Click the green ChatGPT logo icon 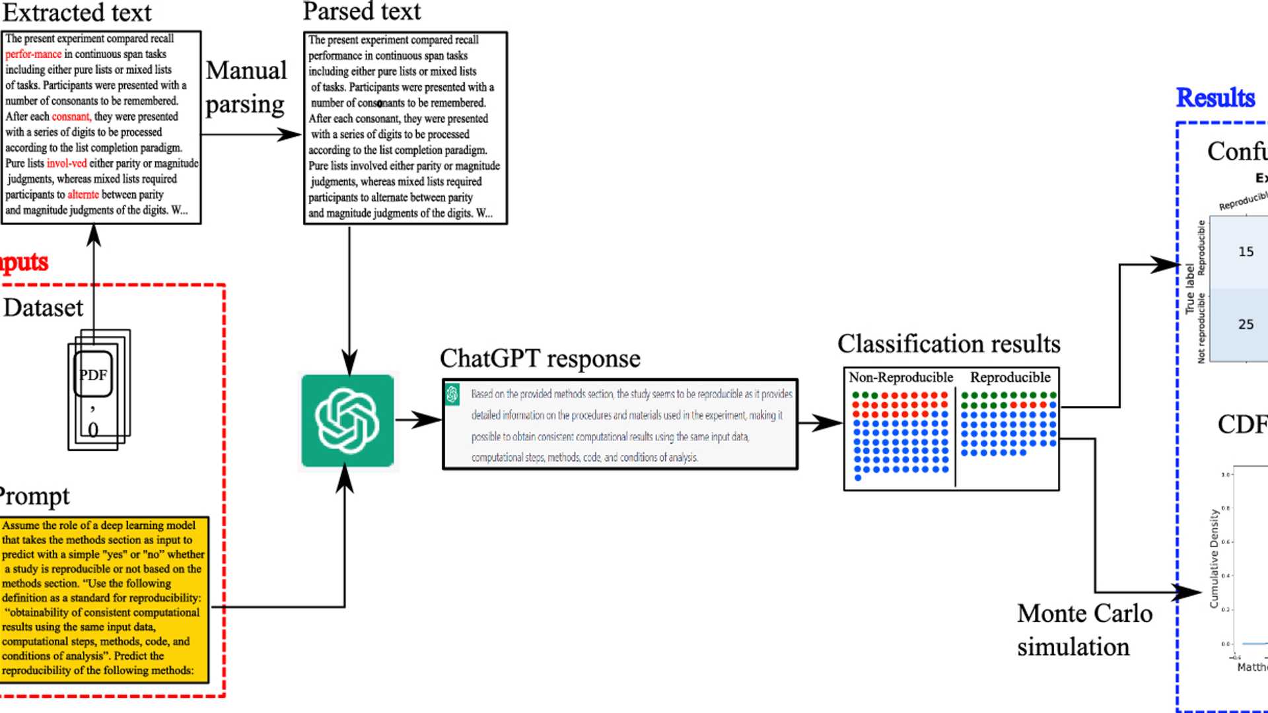point(347,421)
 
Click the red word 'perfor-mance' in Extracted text point(34,54)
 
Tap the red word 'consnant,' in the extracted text point(71,117)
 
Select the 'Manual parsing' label point(246,87)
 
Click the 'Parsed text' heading point(361,11)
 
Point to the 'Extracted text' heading point(77,13)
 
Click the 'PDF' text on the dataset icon point(93,375)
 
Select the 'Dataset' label point(44,308)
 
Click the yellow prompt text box point(104,599)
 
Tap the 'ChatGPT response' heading point(540,358)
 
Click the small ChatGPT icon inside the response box point(452,394)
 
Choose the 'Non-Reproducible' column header point(901,378)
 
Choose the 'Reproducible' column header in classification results point(1010,378)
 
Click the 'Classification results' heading point(948,344)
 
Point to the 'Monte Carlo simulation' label point(1084,630)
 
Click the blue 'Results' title point(1215,98)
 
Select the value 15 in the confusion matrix point(1246,252)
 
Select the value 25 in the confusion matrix point(1246,324)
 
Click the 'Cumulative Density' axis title point(1214,558)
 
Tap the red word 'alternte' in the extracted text point(83,195)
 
